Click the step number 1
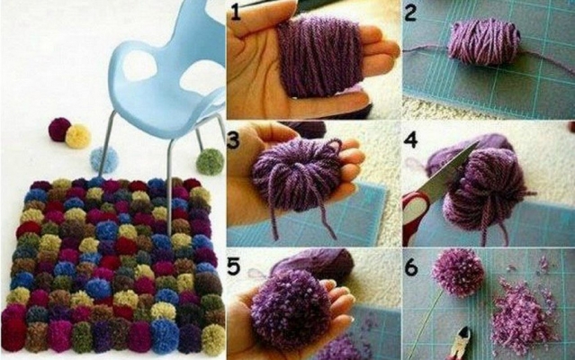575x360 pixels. [x=235, y=12]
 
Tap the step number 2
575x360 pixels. [x=410, y=12]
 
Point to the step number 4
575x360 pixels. [x=411, y=139]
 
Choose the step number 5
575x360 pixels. [x=233, y=265]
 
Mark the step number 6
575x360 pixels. [x=411, y=267]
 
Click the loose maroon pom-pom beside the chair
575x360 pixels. [x=58, y=130]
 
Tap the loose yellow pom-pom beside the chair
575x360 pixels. [x=77, y=136]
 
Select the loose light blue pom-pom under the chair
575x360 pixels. [x=103, y=159]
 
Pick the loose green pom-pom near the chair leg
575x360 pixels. [x=210, y=161]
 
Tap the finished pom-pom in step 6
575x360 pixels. [x=458, y=272]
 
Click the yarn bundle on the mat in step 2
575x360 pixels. [x=484, y=42]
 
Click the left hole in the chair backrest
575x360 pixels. [x=139, y=66]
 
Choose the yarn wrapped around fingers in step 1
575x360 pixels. [x=319, y=57]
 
